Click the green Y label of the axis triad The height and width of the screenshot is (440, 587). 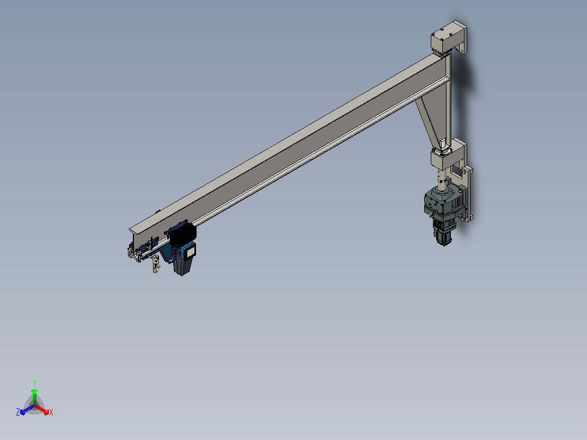coord(34,383)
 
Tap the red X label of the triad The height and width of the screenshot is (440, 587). coord(51,412)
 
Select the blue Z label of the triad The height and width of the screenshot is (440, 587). coord(17,412)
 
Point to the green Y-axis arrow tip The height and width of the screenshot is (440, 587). coord(34,390)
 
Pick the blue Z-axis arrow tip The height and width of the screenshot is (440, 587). coord(22,413)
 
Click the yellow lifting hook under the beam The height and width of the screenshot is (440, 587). coord(156,264)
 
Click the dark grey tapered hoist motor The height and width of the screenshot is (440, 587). coord(182,266)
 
